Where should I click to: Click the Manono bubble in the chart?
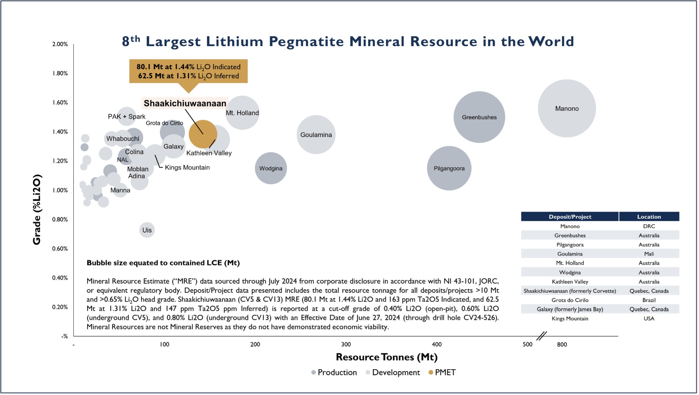click(566, 108)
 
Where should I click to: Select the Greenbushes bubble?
click(479, 117)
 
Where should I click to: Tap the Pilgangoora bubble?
click(449, 168)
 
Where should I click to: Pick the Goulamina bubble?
click(316, 135)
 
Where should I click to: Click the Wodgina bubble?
click(271, 168)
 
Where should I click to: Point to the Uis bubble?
click(147, 230)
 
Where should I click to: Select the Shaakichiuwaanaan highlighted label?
click(185, 103)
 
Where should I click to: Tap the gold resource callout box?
click(188, 71)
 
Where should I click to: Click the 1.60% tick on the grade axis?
click(60, 102)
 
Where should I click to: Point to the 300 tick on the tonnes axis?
click(346, 344)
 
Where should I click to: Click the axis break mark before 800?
click(541, 336)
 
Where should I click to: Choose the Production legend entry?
click(334, 372)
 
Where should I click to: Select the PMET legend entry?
click(442, 372)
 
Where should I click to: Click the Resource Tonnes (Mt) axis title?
click(387, 357)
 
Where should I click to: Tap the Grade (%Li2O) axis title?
click(37, 209)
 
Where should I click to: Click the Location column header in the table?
click(649, 217)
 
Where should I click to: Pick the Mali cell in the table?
click(649, 254)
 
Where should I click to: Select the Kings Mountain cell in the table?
click(570, 318)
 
